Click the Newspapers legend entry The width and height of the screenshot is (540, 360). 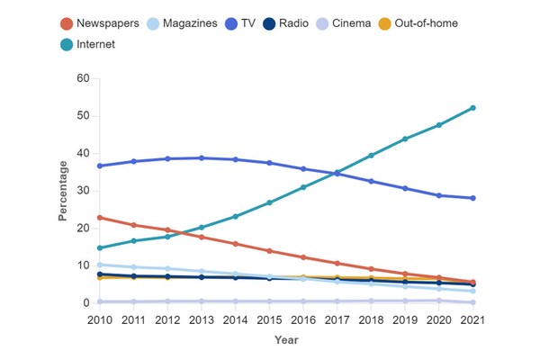(x=100, y=22)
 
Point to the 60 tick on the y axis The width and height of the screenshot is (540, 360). (x=82, y=78)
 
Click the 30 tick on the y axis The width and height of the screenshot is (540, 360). (x=82, y=191)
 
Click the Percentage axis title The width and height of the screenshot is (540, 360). (x=63, y=191)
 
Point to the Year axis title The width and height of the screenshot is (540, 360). (x=284, y=340)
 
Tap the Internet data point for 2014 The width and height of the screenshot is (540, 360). (x=236, y=216)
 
